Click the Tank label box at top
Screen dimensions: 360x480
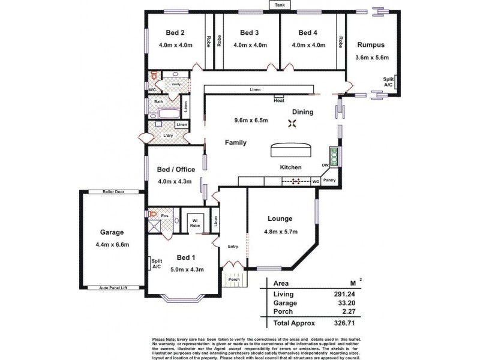[x=279, y=5]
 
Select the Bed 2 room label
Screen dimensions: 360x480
[x=174, y=32]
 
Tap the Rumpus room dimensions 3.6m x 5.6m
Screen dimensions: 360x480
[x=372, y=58]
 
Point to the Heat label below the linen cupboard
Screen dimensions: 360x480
[x=279, y=100]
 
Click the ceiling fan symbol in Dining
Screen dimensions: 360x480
[x=293, y=124]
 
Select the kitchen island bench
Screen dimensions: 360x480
[x=291, y=149]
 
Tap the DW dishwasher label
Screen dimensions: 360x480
[x=325, y=165]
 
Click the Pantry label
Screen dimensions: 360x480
[x=329, y=180]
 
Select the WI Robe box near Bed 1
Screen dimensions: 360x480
[x=195, y=224]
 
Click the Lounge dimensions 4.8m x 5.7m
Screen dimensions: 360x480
[x=280, y=232]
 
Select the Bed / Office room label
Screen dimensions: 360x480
[x=176, y=169]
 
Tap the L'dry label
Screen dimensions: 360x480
[x=168, y=136]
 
